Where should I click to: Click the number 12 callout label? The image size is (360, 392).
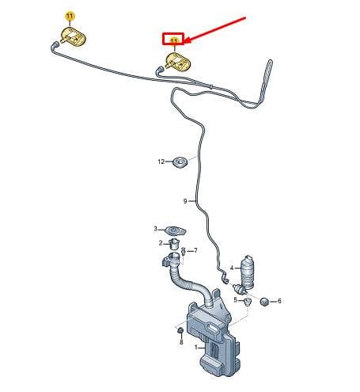click(x=161, y=162)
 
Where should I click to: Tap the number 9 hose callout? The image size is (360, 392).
click(x=185, y=201)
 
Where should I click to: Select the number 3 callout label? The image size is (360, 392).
click(x=156, y=229)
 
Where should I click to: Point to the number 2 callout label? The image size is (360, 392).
click(x=161, y=243)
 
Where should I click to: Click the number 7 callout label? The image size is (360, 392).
click(x=195, y=250)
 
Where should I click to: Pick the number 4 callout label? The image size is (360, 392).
click(x=232, y=268)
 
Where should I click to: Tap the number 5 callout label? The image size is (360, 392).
click(x=236, y=300)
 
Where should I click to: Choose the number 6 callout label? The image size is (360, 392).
click(x=279, y=301)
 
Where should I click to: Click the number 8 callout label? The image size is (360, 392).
click(x=181, y=342)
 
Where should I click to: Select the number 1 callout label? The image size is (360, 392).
click(x=196, y=348)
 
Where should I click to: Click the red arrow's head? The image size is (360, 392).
click(x=188, y=40)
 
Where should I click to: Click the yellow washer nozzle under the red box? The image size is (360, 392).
click(x=177, y=63)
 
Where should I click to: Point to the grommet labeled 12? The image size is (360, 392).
click(x=180, y=162)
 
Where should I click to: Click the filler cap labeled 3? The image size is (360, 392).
click(x=176, y=231)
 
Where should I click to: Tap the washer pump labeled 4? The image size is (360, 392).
click(x=247, y=272)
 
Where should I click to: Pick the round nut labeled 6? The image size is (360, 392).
click(x=264, y=301)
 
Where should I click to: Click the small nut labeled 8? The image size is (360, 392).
click(x=180, y=330)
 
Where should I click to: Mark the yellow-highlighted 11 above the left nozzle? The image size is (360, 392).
click(x=70, y=17)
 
